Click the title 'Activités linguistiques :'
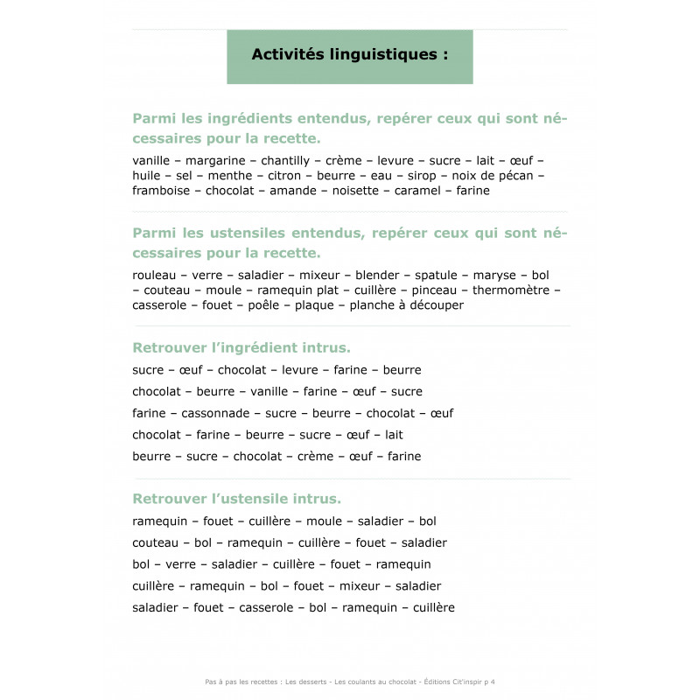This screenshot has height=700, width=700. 349,54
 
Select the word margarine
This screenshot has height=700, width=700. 213,161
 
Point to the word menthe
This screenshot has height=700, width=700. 230,176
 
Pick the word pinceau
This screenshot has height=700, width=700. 435,290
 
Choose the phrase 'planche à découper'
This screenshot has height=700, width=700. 406,305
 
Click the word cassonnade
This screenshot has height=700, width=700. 215,413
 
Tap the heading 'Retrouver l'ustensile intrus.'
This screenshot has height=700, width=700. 236,499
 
